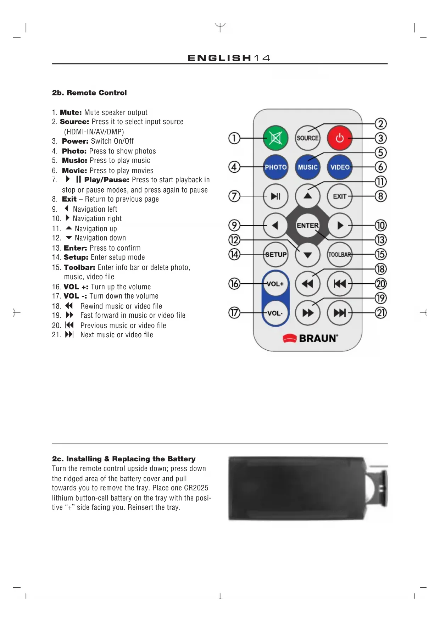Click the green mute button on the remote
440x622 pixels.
pyautogui.click(x=275, y=138)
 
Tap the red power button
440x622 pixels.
pyautogui.click(x=340, y=138)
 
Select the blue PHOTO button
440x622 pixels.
pyautogui.click(x=275, y=167)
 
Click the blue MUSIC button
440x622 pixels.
pyautogui.click(x=307, y=167)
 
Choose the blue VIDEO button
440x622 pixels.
pyautogui.click(x=340, y=167)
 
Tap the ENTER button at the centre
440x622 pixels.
pyautogui.click(x=307, y=226)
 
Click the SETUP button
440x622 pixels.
pyautogui.click(x=275, y=255)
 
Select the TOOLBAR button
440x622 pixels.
pyautogui.click(x=340, y=255)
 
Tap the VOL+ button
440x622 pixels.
pyautogui.click(x=275, y=284)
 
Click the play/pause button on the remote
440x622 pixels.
pyautogui.click(x=275, y=196)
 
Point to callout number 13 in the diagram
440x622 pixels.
pyautogui.click(x=380, y=240)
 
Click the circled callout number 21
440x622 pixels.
pyautogui.click(x=380, y=313)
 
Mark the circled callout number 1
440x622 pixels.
pyautogui.click(x=234, y=138)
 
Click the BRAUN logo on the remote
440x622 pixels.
pyautogui.click(x=311, y=338)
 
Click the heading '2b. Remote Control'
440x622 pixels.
pyautogui.click(x=89, y=93)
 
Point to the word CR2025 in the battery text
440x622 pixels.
pyautogui.click(x=196, y=488)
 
